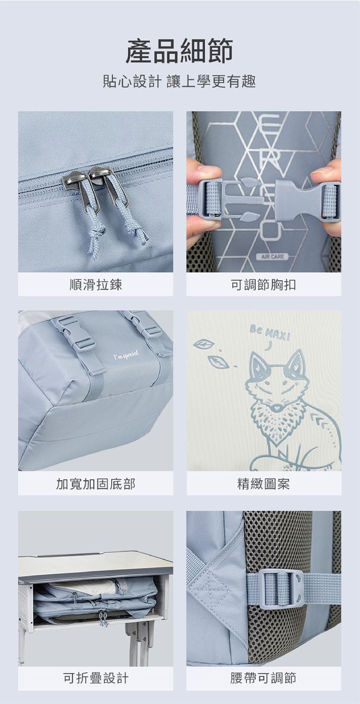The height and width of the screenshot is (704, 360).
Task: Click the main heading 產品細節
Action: tap(179, 51)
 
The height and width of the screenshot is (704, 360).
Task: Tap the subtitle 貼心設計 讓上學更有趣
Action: tap(179, 82)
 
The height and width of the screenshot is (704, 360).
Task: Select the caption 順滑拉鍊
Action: tap(95, 285)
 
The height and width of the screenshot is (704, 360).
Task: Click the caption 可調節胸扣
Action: tap(263, 285)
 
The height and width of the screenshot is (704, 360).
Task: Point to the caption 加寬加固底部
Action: tap(95, 484)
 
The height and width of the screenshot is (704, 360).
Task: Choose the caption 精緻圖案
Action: tap(263, 484)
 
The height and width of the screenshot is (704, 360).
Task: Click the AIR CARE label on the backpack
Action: tap(272, 257)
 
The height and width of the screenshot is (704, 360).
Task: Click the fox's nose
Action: tap(276, 408)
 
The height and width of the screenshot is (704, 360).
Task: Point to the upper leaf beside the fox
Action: tap(204, 344)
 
